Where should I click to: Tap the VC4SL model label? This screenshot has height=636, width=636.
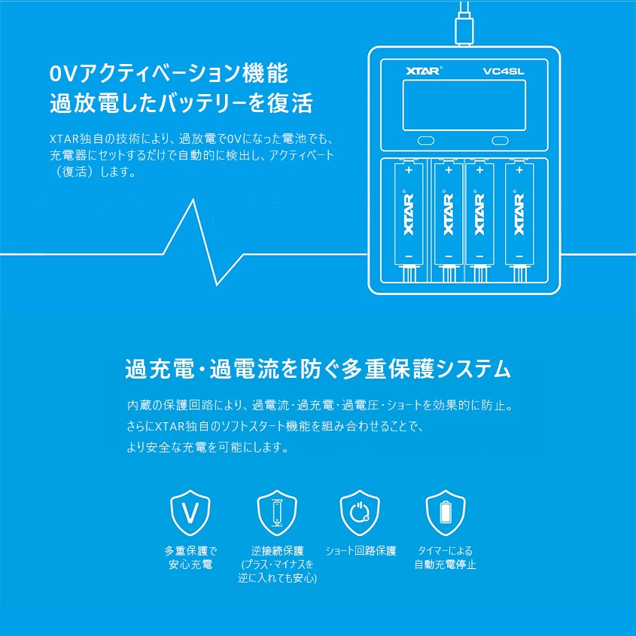pyautogui.click(x=504, y=69)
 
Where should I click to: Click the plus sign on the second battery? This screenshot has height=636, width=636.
pyautogui.click(x=449, y=171)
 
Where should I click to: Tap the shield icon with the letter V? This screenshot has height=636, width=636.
pyautogui.click(x=190, y=513)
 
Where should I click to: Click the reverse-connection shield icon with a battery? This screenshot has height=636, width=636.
pyautogui.click(x=276, y=514)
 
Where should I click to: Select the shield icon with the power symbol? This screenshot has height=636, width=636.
pyautogui.click(x=359, y=513)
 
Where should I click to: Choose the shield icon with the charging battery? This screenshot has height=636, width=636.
pyautogui.click(x=445, y=513)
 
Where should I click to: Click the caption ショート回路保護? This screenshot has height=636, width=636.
pyautogui.click(x=361, y=550)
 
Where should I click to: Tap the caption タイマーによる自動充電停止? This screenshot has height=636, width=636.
pyautogui.click(x=446, y=557)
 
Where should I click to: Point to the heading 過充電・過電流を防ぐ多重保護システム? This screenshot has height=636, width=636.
pyautogui.click(x=318, y=370)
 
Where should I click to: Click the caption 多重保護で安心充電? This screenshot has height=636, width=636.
pyautogui.click(x=190, y=557)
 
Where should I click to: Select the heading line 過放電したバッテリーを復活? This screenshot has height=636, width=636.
pyautogui.click(x=181, y=104)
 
